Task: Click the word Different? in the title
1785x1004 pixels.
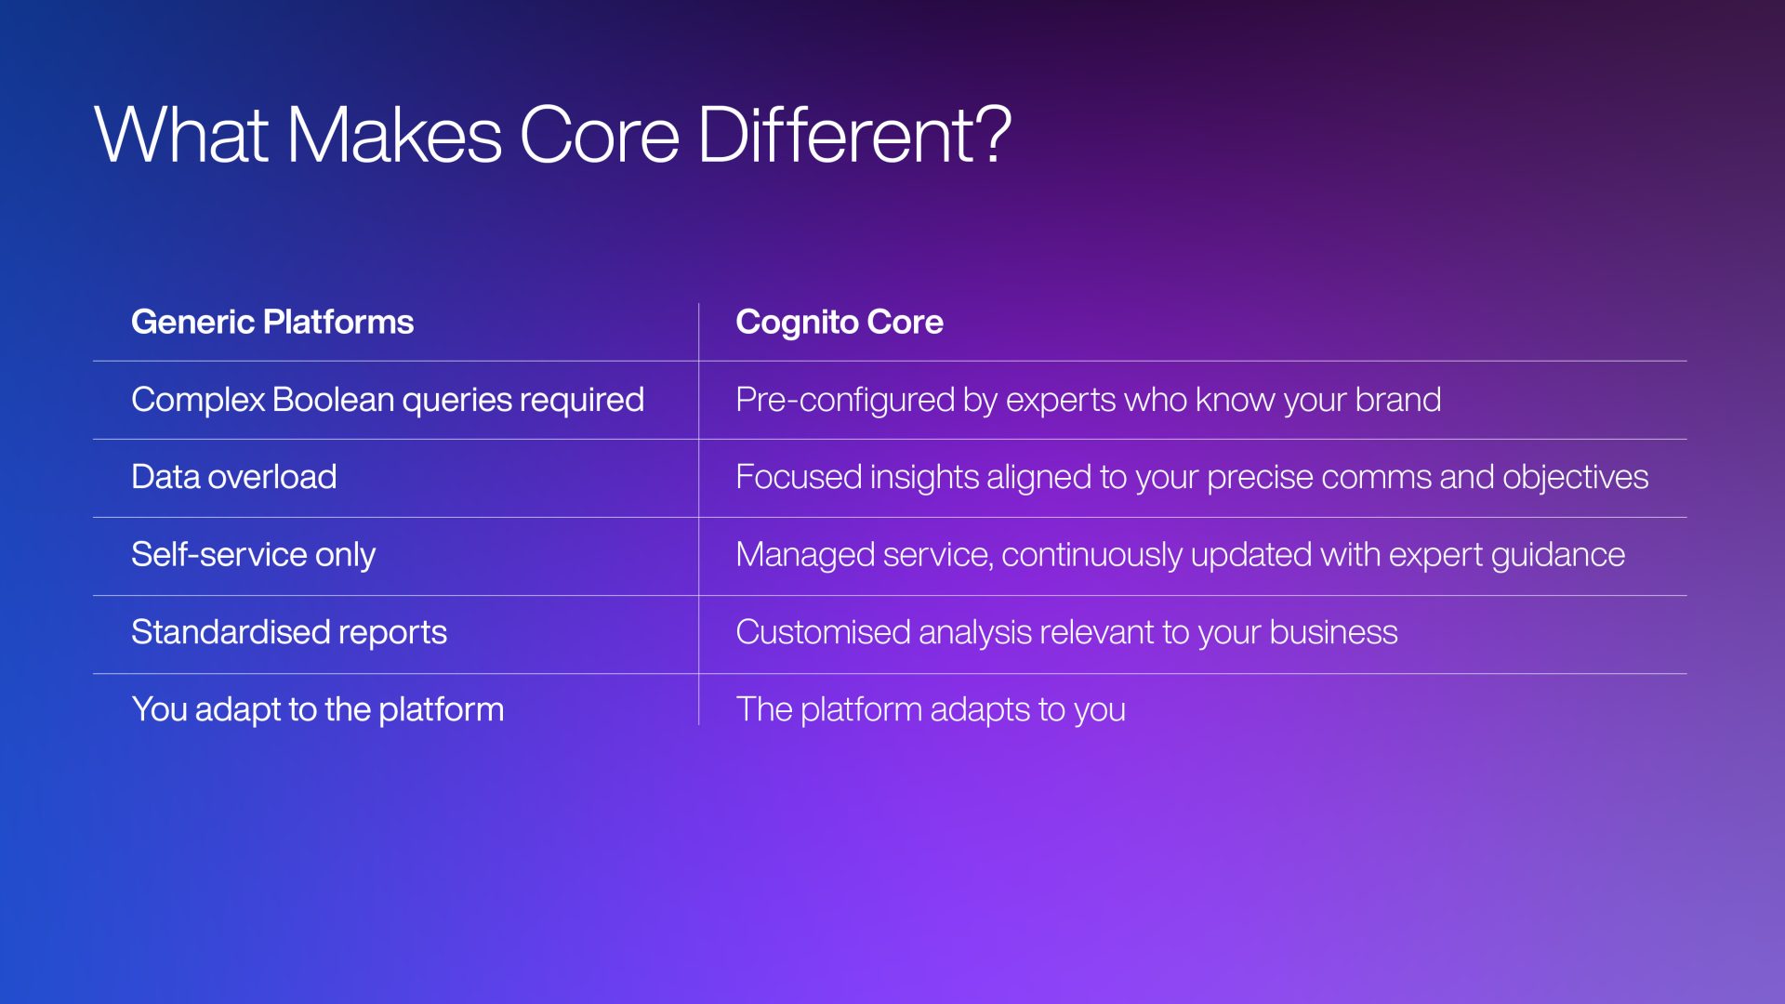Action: (853, 135)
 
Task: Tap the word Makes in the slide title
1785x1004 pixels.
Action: (394, 135)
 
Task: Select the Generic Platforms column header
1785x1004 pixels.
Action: (272, 322)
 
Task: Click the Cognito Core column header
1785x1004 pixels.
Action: (840, 322)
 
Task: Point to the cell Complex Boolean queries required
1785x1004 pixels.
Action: (388, 400)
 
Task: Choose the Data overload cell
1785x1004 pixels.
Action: (234, 477)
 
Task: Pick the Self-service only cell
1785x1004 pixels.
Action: (254, 555)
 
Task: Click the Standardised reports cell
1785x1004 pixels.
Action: (289, 632)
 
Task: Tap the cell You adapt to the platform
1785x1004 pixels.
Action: (318, 709)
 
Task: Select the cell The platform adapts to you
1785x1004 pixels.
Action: (931, 709)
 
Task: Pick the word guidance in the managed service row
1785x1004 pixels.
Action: (1558, 555)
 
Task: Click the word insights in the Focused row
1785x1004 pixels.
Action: (924, 477)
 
